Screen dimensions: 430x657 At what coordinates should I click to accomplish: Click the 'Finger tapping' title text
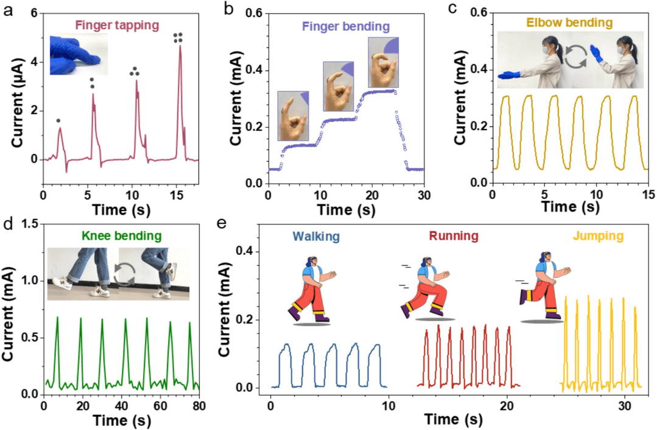click(x=116, y=26)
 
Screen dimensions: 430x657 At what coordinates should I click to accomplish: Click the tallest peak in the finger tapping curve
click(x=180, y=46)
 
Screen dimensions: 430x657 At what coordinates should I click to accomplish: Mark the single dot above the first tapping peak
click(x=58, y=120)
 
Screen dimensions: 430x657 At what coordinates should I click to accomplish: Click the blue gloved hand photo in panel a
click(x=79, y=54)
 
